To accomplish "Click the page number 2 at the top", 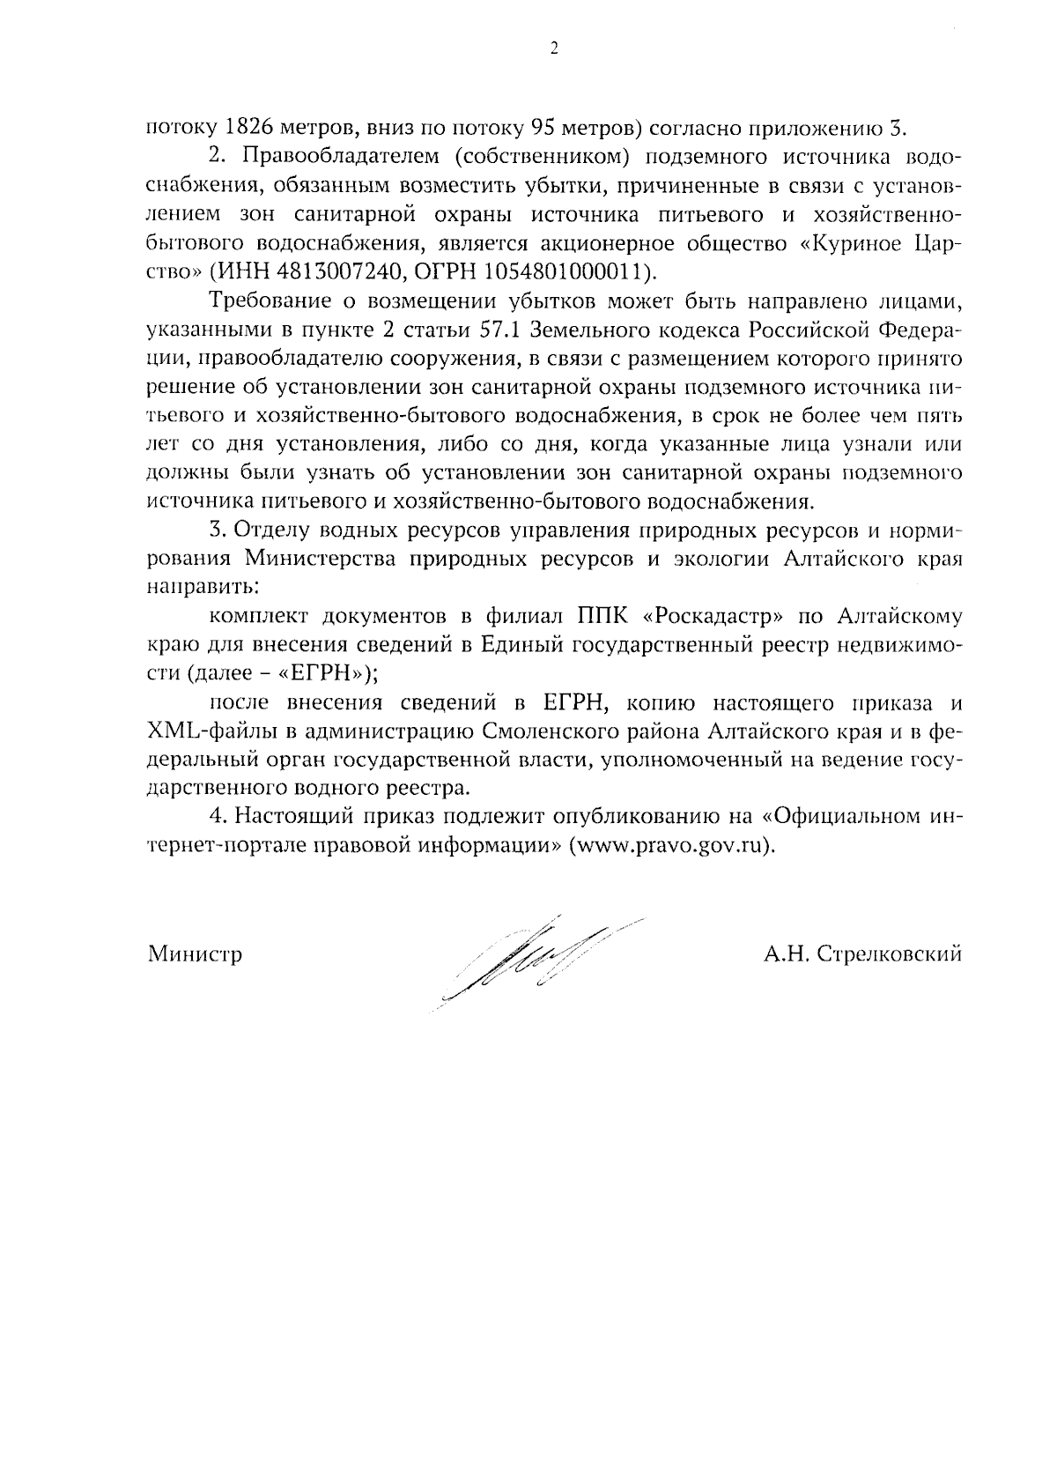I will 554,50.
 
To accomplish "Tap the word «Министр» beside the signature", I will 195,954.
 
